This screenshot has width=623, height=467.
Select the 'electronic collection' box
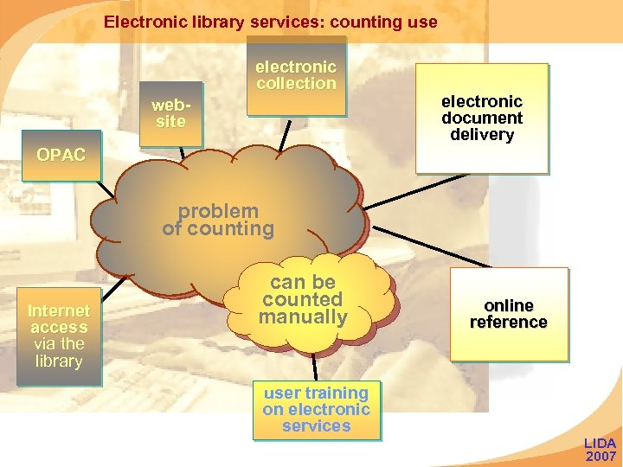pyautogui.click(x=296, y=75)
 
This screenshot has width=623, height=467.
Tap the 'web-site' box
pyautogui.click(x=170, y=113)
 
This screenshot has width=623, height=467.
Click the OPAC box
pyautogui.click(x=61, y=155)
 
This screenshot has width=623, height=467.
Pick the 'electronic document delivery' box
pyautogui.click(x=482, y=118)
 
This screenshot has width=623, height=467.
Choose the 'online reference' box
pyautogui.click(x=509, y=314)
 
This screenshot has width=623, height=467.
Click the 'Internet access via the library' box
pyautogui.click(x=59, y=336)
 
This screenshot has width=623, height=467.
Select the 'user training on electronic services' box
pyautogui.click(x=317, y=409)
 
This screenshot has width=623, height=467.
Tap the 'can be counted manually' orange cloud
pyautogui.click(x=303, y=301)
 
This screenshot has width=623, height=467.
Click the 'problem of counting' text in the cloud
pyautogui.click(x=218, y=220)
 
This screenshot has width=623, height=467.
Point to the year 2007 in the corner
pyautogui.click(x=601, y=456)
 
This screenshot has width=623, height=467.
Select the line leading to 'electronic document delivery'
pyautogui.click(x=420, y=190)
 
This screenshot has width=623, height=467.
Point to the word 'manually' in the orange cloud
pyautogui.click(x=303, y=317)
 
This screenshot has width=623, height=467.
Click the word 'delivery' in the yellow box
pyautogui.click(x=482, y=135)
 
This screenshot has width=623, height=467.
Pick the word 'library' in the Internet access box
pyautogui.click(x=59, y=361)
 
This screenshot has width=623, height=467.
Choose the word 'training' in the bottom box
pyautogui.click(x=340, y=393)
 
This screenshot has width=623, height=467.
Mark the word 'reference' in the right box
pyautogui.click(x=509, y=323)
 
